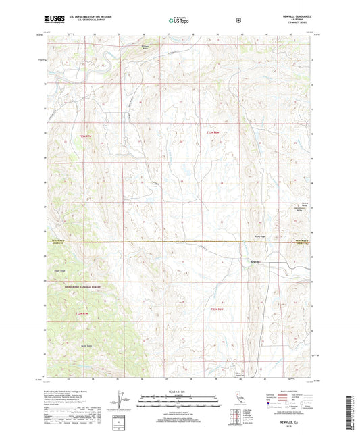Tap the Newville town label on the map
point(255,261)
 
